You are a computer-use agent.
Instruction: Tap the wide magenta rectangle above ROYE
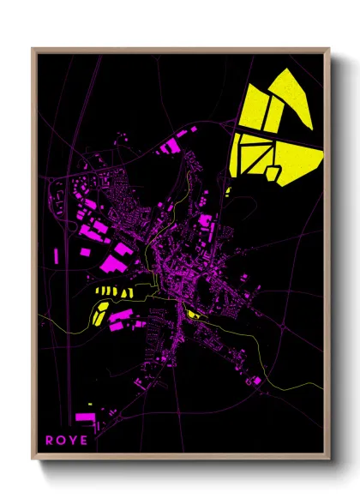point(86,417)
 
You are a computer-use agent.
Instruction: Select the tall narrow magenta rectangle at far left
point(57,255)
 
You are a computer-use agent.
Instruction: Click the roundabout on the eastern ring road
point(284,326)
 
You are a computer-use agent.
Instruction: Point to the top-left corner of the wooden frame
point(33,49)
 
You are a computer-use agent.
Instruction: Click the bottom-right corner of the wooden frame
point(330,456)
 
